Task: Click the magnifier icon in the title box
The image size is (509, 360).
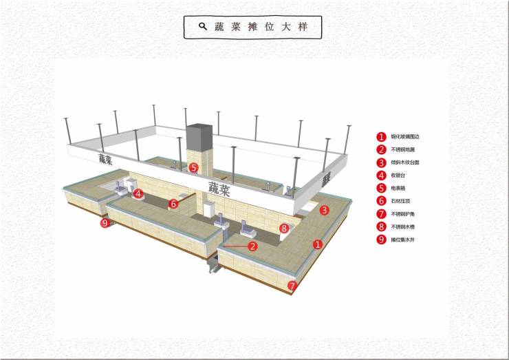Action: pyautogui.click(x=203, y=26)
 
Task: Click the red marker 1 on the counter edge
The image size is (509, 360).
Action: pyautogui.click(x=317, y=244)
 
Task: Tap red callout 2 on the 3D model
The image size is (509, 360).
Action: pyautogui.click(x=252, y=246)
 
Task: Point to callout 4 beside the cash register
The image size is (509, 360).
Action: pyautogui.click(x=138, y=194)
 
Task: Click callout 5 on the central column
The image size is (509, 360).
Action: pyautogui.click(x=194, y=167)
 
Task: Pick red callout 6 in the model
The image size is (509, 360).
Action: pyautogui.click(x=173, y=204)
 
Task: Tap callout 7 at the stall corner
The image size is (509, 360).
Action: pyautogui.click(x=292, y=285)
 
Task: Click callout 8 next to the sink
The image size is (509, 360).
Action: pyautogui.click(x=283, y=227)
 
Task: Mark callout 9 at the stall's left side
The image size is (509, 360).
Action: pyautogui.click(x=105, y=223)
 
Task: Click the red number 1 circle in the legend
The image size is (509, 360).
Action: pyautogui.click(x=380, y=136)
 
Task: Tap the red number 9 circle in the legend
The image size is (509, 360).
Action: pyautogui.click(x=380, y=240)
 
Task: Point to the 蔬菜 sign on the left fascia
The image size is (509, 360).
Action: pyautogui.click(x=105, y=159)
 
